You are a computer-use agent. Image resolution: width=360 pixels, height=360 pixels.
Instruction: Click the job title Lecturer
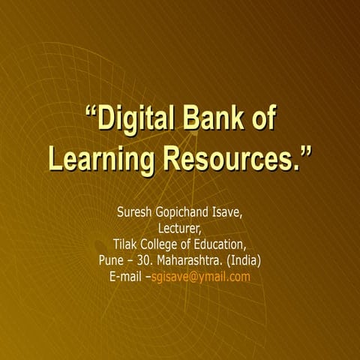coord(180,229)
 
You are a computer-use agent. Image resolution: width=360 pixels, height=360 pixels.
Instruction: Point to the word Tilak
coord(126,244)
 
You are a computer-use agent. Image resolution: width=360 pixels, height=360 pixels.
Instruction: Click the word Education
coord(223,244)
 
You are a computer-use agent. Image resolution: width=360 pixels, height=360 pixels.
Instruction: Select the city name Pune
coord(112,261)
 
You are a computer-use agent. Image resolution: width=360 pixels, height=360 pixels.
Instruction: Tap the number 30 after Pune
coord(147,261)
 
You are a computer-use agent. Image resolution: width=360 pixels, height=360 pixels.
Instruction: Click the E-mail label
coord(126,277)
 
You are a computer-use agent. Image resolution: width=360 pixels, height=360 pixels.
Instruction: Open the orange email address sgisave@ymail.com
coord(200,277)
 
